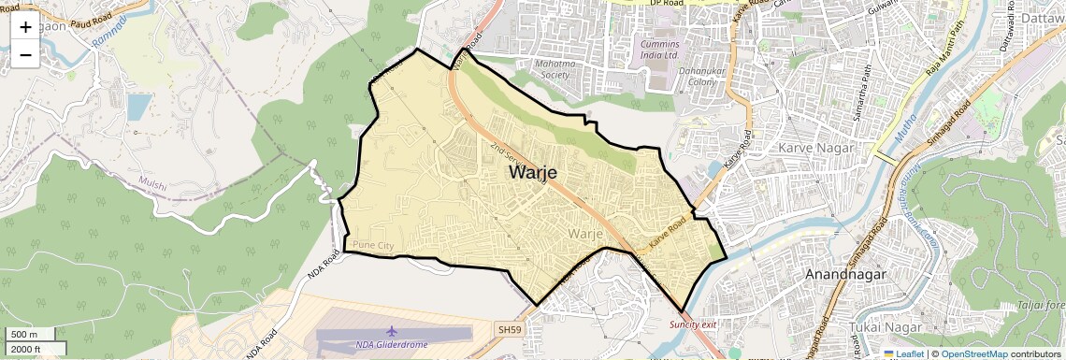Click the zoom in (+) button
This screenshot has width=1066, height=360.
pyautogui.click(x=25, y=26)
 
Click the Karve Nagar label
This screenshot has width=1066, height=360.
pyautogui.click(x=812, y=147)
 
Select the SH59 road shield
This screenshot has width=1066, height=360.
pyautogui.click(x=509, y=329)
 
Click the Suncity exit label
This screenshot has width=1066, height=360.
pyautogui.click(x=692, y=324)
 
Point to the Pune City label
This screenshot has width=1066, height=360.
pyautogui.click(x=374, y=245)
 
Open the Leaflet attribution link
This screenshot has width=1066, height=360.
pyautogui.click(x=902, y=353)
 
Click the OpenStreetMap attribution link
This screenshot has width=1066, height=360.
pyautogui.click(x=973, y=353)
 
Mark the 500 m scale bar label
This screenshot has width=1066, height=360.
pyautogui.click(x=23, y=335)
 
